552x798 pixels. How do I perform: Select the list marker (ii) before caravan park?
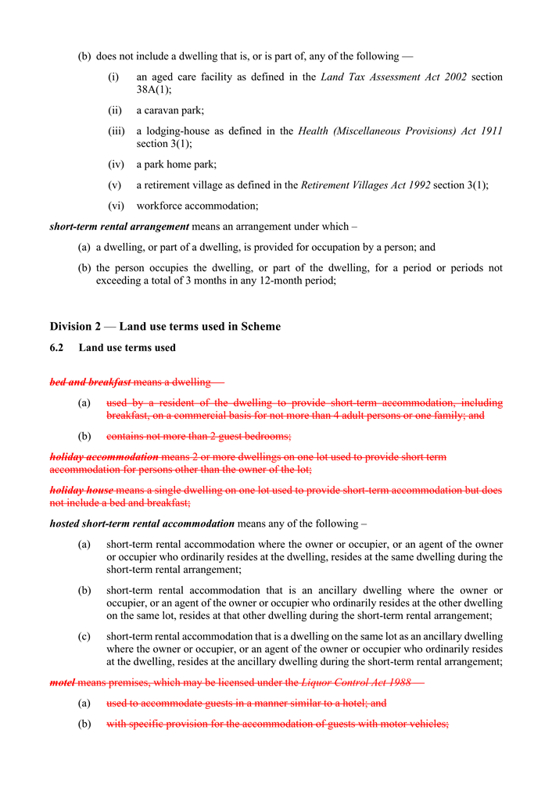click(x=114, y=111)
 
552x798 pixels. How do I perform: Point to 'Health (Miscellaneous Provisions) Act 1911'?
click(x=400, y=131)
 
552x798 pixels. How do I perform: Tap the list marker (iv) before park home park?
click(x=116, y=164)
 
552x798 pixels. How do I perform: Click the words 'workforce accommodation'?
click(x=197, y=206)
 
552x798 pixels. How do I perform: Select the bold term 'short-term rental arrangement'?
click(x=119, y=227)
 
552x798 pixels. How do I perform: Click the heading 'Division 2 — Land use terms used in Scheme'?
click(x=165, y=326)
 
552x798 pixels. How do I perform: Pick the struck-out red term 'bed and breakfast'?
click(x=90, y=382)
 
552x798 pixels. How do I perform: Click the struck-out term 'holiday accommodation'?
click(x=104, y=456)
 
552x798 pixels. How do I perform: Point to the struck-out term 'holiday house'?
click(x=81, y=490)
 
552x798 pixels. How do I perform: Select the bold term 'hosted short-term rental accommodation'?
click(x=142, y=524)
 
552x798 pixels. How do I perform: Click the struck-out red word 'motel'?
click(x=62, y=682)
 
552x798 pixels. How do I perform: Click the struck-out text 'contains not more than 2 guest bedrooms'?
click(x=199, y=436)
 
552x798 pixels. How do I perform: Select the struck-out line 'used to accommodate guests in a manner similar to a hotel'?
click(x=246, y=703)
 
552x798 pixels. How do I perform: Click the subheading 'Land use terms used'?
click(x=127, y=348)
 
